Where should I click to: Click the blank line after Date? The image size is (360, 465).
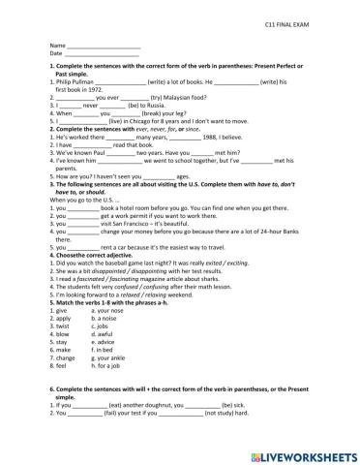tap(102, 53)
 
